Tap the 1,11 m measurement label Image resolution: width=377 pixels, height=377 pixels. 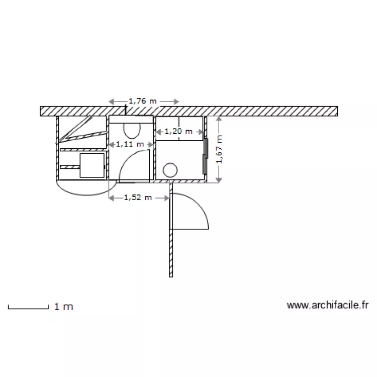pyautogui.click(x=130, y=144)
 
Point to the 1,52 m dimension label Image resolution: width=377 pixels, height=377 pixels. pyautogui.click(x=138, y=198)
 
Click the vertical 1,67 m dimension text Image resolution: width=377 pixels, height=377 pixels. pyautogui.click(x=219, y=149)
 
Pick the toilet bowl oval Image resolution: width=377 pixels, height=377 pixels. pyautogui.click(x=131, y=130)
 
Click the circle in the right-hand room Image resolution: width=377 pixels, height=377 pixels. pyautogui.click(x=170, y=169)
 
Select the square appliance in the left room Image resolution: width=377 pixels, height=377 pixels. pyautogui.click(x=92, y=165)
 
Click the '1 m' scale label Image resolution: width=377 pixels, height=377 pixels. pyautogui.click(x=64, y=307)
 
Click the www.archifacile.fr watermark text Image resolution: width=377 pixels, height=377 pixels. pyautogui.click(x=328, y=305)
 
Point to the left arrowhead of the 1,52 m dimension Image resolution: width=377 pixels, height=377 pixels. pyautogui.click(x=112, y=198)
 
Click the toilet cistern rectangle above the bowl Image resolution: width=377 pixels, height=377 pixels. pyautogui.click(x=131, y=119)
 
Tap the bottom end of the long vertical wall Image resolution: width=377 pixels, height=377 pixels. pyautogui.click(x=171, y=275)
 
